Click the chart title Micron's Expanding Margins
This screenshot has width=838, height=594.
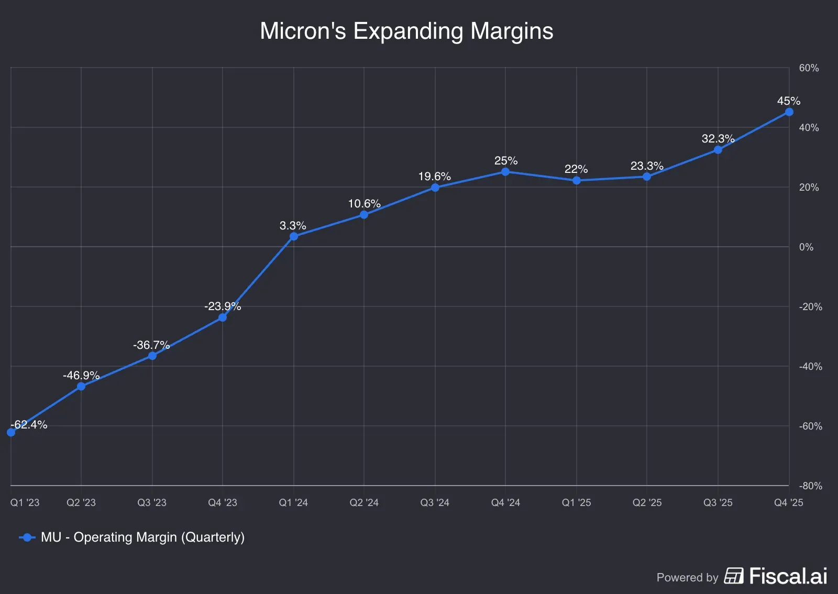[406, 31]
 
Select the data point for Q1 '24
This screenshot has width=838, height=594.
[294, 236]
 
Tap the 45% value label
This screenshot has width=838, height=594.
[788, 101]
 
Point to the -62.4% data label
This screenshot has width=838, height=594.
[29, 424]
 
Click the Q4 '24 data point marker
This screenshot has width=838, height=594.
[505, 172]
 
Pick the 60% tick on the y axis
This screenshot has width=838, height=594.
[809, 68]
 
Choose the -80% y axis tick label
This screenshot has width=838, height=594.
[810, 486]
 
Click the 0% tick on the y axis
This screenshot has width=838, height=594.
[806, 247]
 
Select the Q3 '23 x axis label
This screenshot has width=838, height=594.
[152, 502]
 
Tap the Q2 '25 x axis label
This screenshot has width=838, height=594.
[647, 502]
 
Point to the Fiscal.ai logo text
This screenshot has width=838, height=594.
[788, 576]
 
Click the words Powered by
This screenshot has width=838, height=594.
[687, 577]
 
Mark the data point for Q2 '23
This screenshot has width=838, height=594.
[81, 387]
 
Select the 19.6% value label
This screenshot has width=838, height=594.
[434, 176]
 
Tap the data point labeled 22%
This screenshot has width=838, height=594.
[577, 181]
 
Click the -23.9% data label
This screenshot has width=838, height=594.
[223, 306]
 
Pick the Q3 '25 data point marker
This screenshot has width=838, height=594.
[718, 150]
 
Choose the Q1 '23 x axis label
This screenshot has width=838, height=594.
[25, 502]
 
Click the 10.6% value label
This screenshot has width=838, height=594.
[364, 203]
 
